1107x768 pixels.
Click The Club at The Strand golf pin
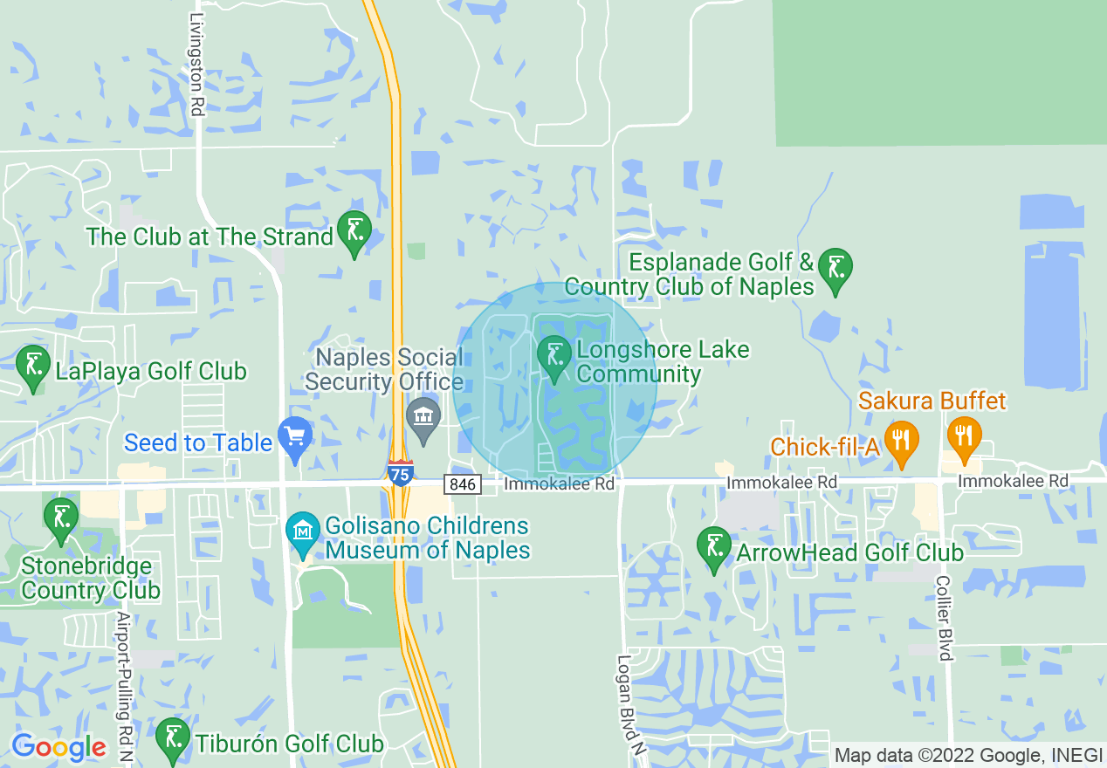354,232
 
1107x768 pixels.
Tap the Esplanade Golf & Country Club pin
835,270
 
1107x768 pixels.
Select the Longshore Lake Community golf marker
553,357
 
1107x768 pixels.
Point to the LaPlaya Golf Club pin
34,367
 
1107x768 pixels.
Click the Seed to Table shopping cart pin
294,438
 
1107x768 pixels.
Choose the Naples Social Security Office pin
423,420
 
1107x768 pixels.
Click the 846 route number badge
462,483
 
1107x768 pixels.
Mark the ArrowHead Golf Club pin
714,548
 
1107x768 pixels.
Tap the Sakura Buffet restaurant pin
963,439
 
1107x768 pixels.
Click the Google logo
58,747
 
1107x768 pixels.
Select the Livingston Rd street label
197,65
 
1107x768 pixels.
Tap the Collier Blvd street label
943,618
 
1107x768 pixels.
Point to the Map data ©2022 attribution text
967,755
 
